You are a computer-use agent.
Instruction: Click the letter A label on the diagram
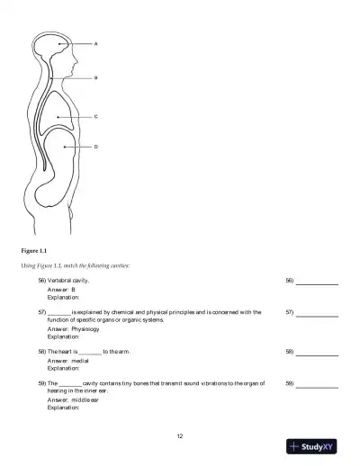(x=96, y=43)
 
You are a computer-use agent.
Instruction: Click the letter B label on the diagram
(x=96, y=78)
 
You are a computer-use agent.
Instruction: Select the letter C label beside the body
(x=96, y=117)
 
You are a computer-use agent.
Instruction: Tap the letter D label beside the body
(x=96, y=146)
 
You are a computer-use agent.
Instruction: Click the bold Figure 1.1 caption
(x=33, y=249)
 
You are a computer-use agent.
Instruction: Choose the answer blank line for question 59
(x=317, y=386)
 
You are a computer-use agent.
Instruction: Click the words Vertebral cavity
(x=67, y=282)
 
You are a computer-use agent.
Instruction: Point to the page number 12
(x=180, y=435)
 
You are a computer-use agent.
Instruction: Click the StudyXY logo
(x=312, y=446)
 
